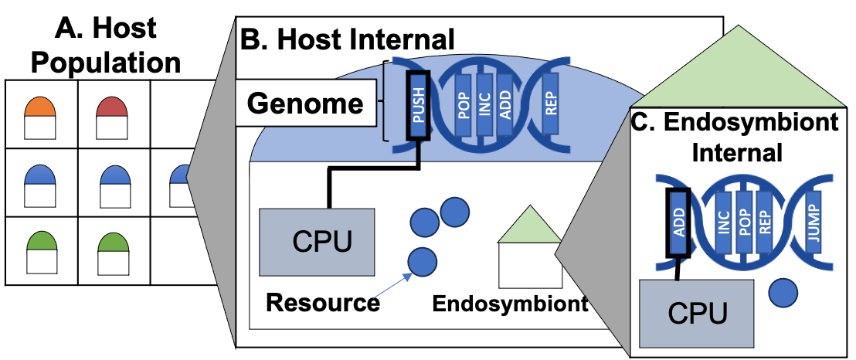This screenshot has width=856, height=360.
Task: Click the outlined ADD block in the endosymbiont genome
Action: (678, 220)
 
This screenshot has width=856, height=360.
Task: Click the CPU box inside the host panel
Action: (317, 242)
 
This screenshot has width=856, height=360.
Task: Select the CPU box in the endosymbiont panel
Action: (698, 314)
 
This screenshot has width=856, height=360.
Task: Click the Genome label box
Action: (305, 104)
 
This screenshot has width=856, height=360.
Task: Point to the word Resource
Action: (323, 302)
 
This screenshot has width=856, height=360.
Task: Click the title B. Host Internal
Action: (348, 38)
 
